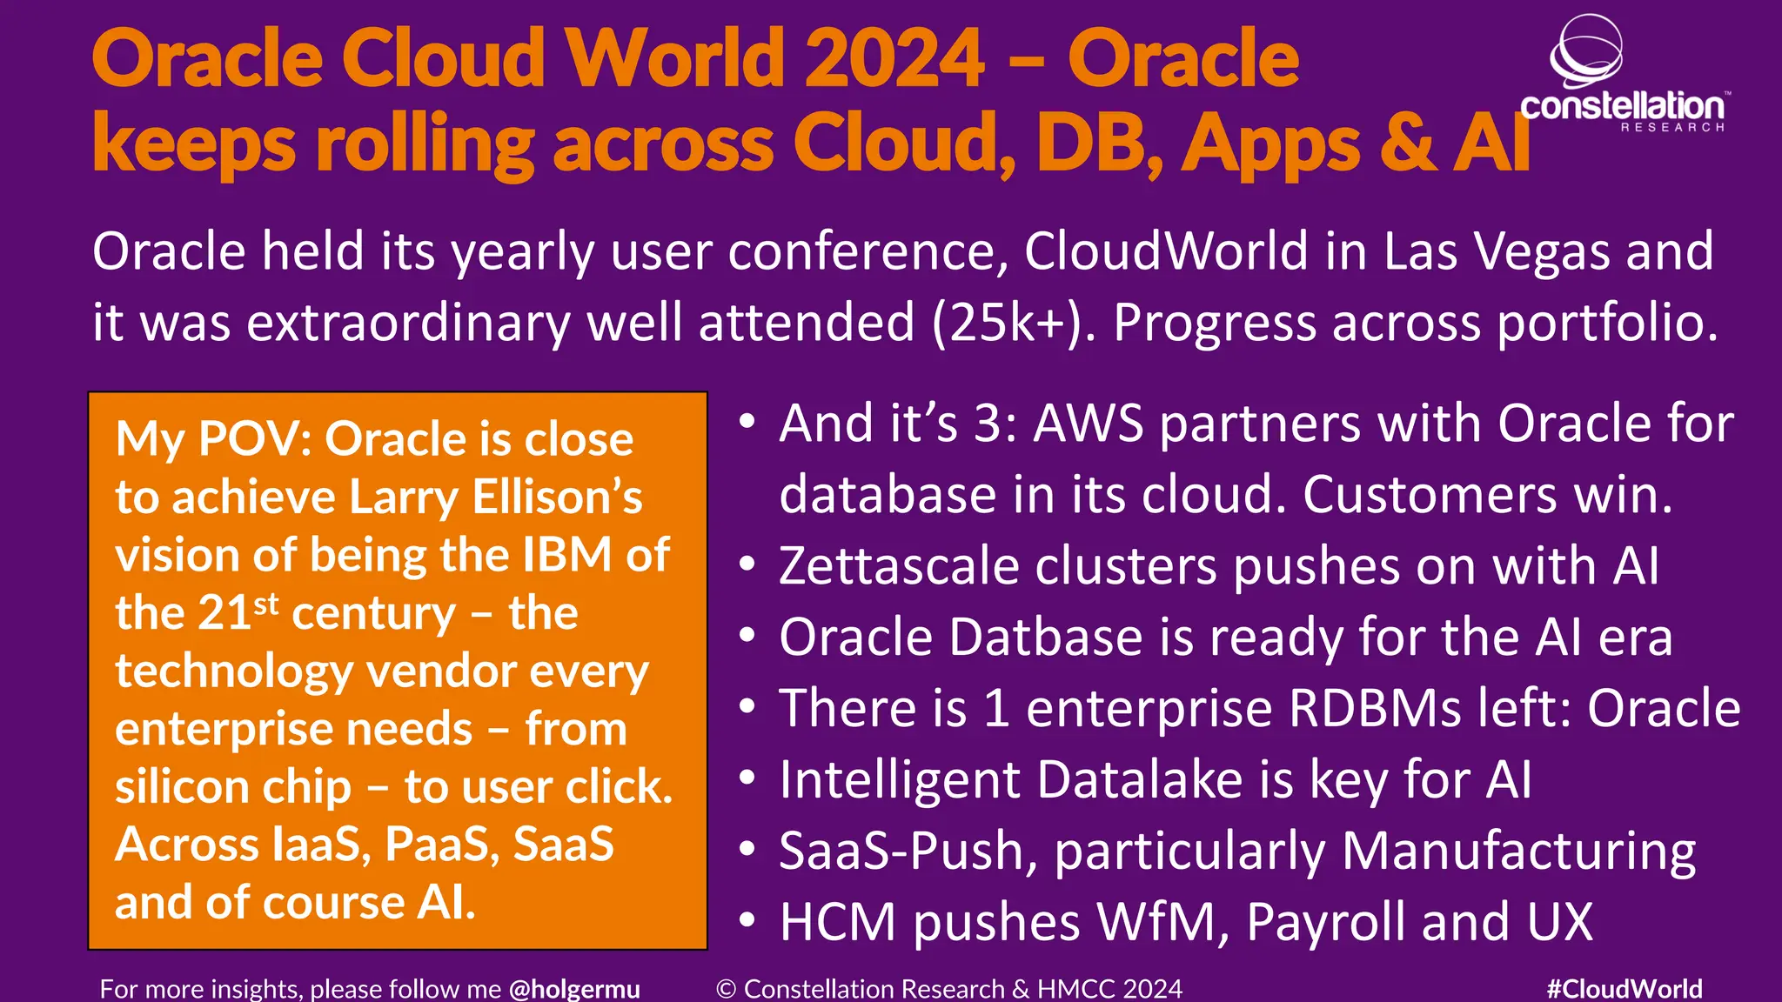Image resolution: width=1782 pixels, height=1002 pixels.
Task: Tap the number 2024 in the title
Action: (x=894, y=59)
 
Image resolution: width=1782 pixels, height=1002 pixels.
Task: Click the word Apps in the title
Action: (x=1271, y=144)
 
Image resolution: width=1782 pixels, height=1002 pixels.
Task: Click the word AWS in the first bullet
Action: (x=1088, y=424)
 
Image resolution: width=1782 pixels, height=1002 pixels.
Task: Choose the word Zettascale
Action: (x=899, y=566)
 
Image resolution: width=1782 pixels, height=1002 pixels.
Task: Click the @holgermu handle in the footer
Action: (x=574, y=989)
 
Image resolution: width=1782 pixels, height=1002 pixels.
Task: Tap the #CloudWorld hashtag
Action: (x=1625, y=989)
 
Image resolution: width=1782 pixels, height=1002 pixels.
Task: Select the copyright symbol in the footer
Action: (x=727, y=989)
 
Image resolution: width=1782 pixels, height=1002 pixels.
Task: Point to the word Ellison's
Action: (x=557, y=498)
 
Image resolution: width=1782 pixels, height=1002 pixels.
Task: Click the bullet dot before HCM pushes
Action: (x=747, y=920)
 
